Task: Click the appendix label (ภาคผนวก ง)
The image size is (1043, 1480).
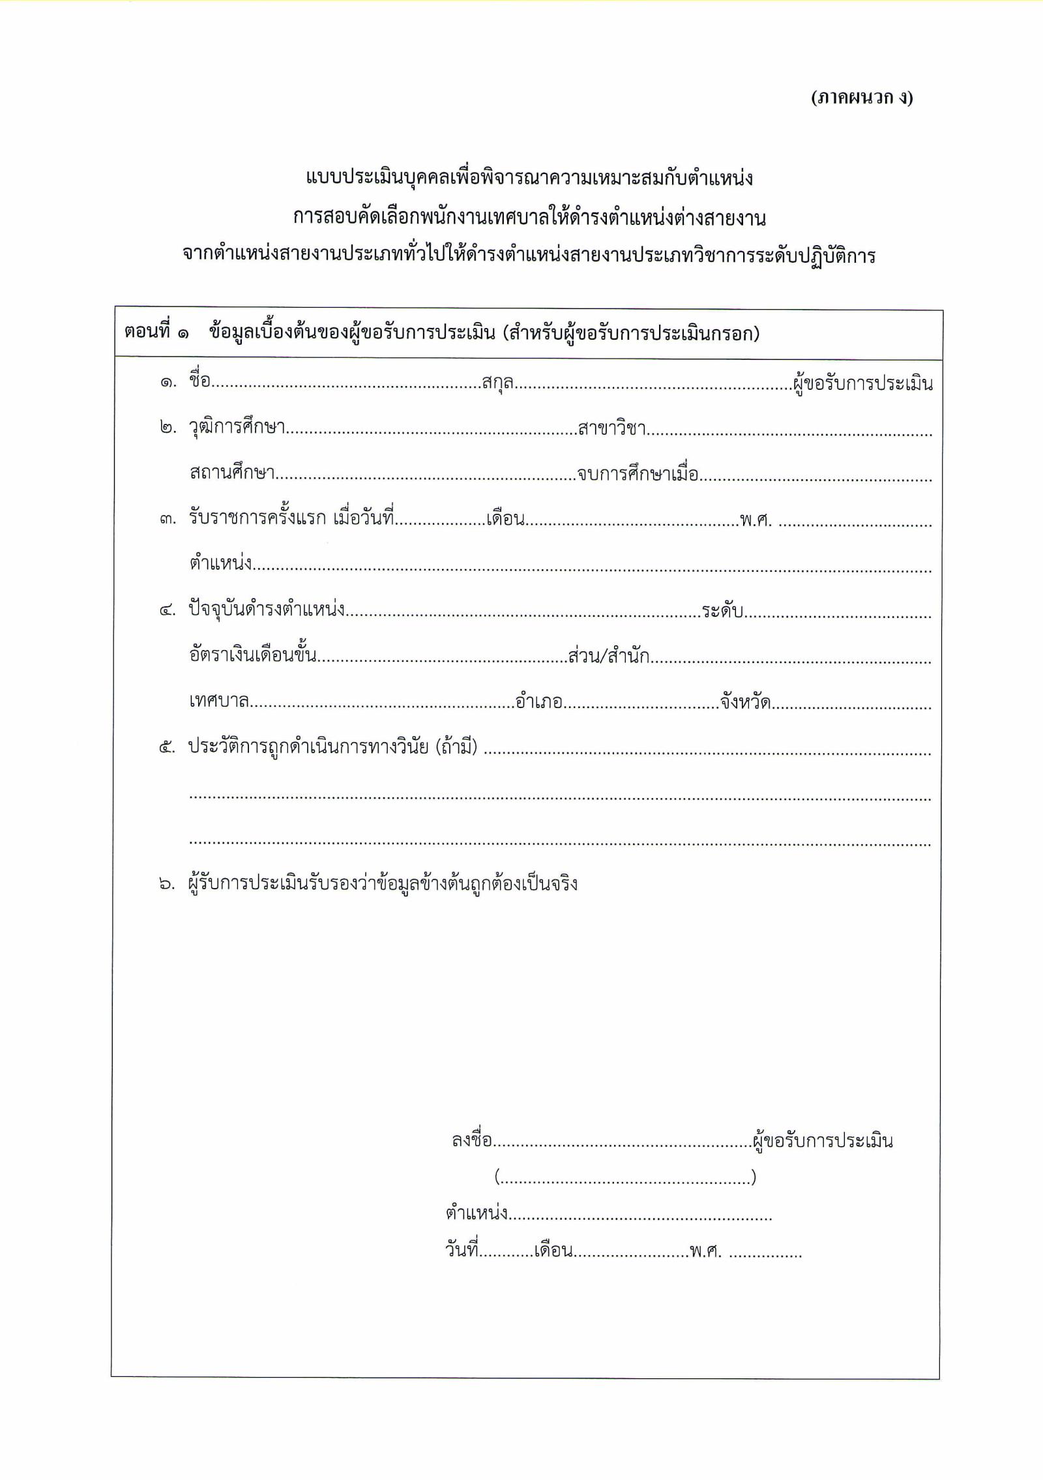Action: point(862,98)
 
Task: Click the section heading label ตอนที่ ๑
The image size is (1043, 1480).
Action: point(156,333)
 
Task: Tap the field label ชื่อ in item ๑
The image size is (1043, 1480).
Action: point(199,381)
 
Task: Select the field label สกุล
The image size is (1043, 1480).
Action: point(497,382)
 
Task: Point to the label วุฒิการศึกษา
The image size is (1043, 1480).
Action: point(237,428)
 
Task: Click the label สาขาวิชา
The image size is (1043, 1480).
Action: point(611,428)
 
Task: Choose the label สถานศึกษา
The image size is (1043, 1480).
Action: point(231,473)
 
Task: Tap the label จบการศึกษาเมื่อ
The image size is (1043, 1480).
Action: point(638,473)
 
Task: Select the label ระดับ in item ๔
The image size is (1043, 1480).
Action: point(722,612)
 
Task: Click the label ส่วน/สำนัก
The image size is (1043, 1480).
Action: point(609,656)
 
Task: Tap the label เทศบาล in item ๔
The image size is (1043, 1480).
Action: point(219,702)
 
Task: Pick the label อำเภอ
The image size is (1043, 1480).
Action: point(538,702)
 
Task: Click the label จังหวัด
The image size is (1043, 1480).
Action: point(746,703)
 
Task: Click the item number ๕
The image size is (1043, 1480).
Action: point(168,747)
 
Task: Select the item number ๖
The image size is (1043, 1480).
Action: point(168,885)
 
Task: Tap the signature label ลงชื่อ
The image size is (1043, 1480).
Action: point(471,1141)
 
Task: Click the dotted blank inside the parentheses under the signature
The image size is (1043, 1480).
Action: point(625,1177)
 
